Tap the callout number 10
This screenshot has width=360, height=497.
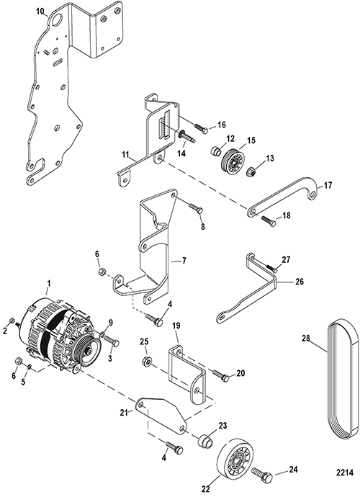pos(40,12)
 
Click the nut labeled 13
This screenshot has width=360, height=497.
pos(251,171)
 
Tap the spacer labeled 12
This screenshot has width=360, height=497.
pos(216,151)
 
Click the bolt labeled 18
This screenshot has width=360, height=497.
pos(269,220)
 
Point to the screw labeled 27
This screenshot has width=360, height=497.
pos(271,269)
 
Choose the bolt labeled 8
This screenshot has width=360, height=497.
pos(196,207)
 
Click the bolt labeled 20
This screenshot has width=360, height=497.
pos(220,375)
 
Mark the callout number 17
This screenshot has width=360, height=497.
pos(328,185)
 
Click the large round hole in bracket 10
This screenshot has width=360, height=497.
pos(58,19)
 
